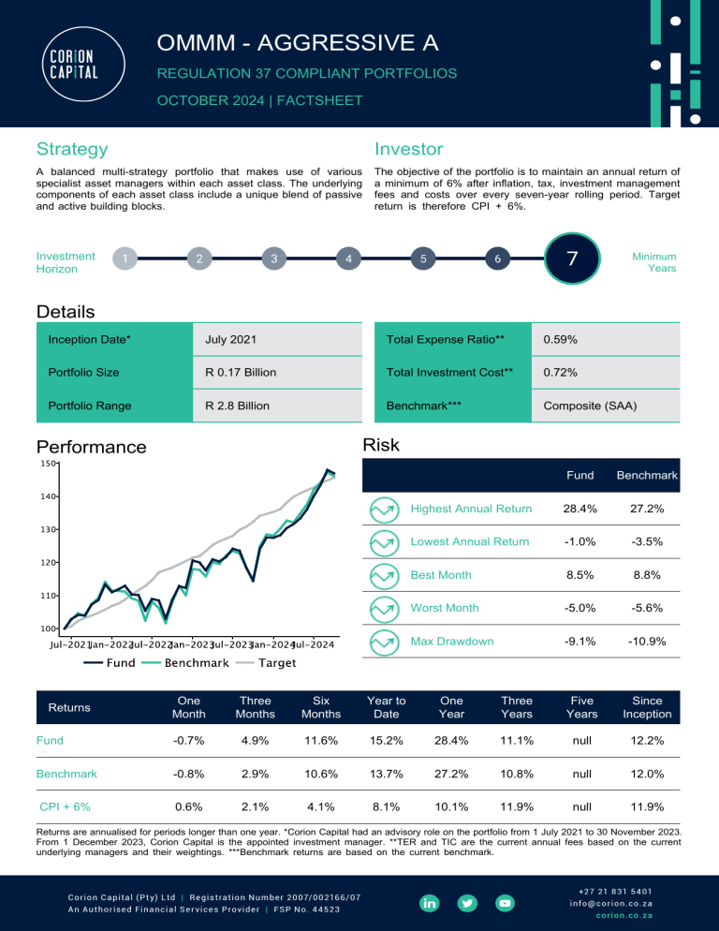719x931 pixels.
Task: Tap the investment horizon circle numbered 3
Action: (272, 259)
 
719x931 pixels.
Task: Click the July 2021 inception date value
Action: (230, 337)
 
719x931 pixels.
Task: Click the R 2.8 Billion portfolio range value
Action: (238, 406)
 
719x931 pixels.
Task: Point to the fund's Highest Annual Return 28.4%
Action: (580, 509)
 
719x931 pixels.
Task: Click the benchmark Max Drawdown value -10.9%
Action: (647, 642)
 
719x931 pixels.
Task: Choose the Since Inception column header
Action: (647, 707)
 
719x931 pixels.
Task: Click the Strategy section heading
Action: (71, 149)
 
